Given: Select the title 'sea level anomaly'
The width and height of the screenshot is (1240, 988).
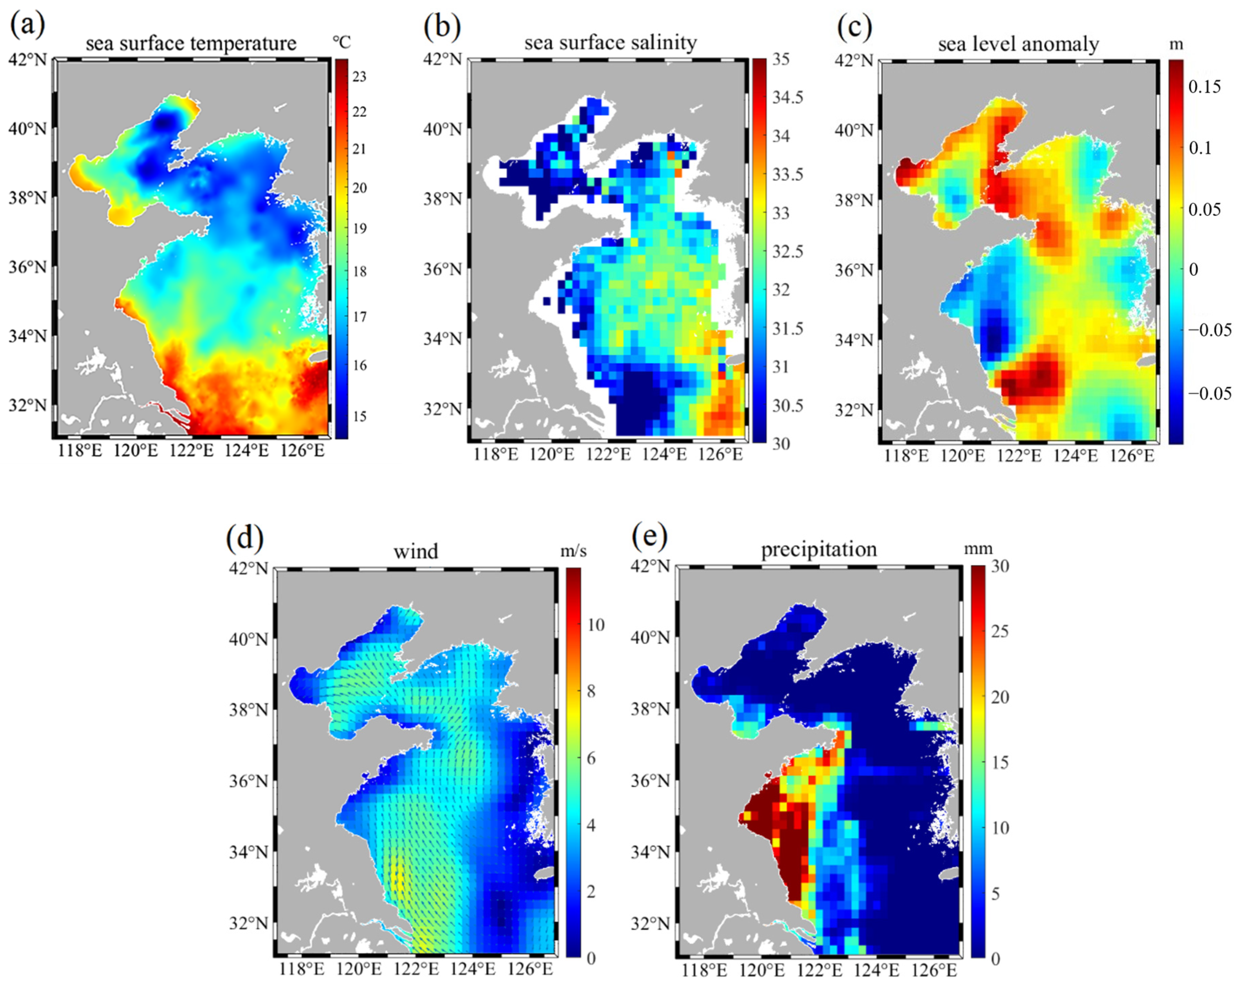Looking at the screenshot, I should point(1018,44).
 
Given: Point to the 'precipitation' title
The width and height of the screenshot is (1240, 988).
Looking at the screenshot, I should point(819,549).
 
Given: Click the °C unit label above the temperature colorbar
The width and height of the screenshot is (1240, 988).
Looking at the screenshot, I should point(341,42).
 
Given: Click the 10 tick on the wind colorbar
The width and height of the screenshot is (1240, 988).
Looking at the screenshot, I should point(595,625).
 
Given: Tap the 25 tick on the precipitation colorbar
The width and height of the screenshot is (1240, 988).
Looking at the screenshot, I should point(1000,631).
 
